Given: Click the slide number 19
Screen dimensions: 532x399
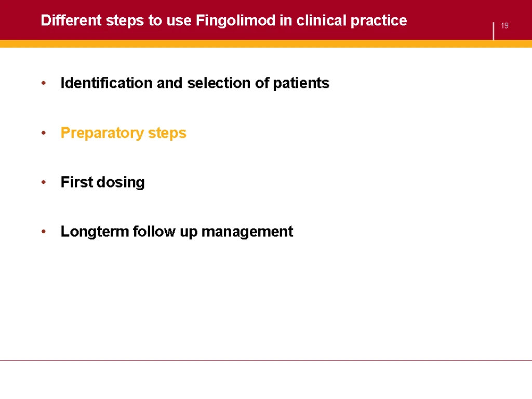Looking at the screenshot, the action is coord(504,25).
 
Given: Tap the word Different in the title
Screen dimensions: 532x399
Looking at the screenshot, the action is coord(71,20).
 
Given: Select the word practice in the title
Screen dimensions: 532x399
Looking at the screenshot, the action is coord(379,21).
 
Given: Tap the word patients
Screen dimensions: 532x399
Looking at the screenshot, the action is coord(301,83).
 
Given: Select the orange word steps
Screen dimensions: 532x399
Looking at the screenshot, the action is coord(167,133).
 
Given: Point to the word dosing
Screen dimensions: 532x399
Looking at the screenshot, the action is coord(121,182).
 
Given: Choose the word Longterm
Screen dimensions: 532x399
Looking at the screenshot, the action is coord(95,232).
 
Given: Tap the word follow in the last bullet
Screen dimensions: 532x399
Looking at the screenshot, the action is coord(154,231).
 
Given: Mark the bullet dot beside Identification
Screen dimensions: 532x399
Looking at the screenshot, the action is coord(44,83).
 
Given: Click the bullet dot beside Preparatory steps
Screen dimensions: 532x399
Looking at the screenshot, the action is coord(44,132).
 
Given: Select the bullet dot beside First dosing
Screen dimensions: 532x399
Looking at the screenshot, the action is coord(44,182).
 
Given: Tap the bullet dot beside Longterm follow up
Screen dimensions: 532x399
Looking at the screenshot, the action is coord(44,232).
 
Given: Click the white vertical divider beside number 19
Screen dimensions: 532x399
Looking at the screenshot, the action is coord(494,31).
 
